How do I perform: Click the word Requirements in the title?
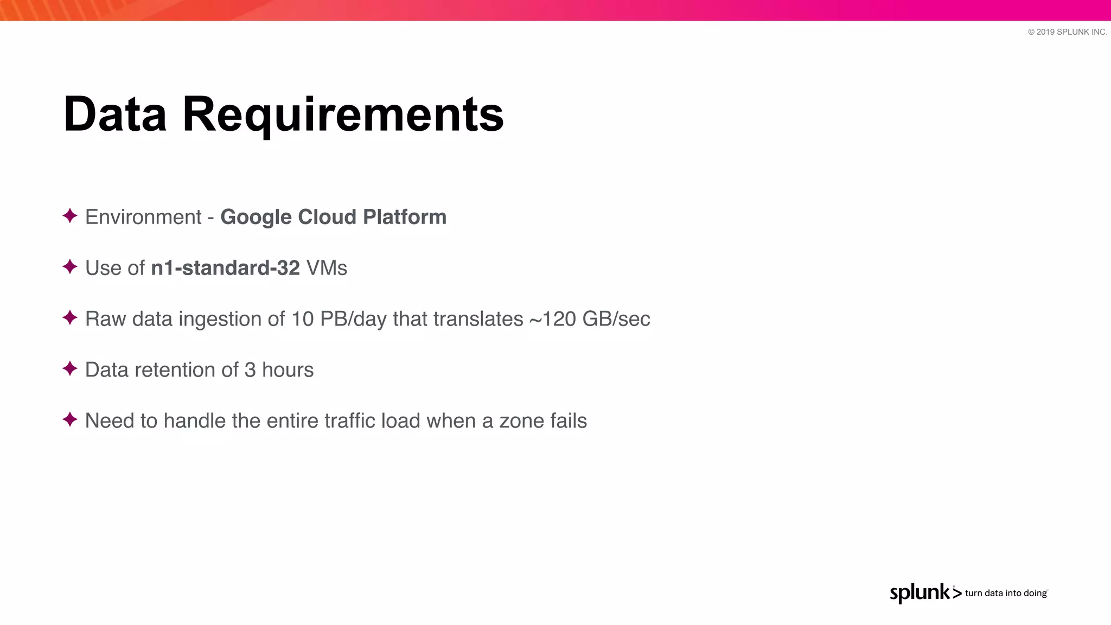point(343,115)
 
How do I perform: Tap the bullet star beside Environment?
point(70,216)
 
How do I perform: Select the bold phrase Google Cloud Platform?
point(333,217)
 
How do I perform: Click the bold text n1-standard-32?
point(225,268)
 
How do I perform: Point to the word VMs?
point(327,268)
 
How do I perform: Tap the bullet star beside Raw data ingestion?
point(70,318)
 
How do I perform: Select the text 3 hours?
point(279,370)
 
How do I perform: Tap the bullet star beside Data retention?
point(70,369)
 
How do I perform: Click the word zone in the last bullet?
point(521,421)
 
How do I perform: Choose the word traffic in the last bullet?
point(350,421)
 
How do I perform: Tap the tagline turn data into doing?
point(1006,594)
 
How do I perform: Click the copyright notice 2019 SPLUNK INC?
point(1067,32)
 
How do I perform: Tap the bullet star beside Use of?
point(70,267)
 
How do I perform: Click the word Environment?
point(143,217)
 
